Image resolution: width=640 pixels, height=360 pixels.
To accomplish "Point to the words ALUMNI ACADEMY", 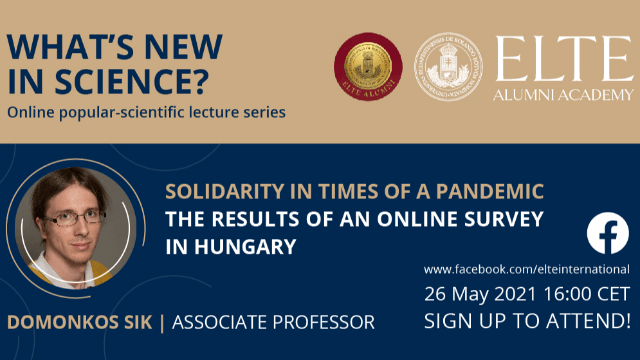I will click(562, 95).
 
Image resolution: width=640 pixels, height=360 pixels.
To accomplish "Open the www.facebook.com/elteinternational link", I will click(527, 269).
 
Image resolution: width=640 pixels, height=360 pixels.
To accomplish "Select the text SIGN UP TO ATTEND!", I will click(527, 321).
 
